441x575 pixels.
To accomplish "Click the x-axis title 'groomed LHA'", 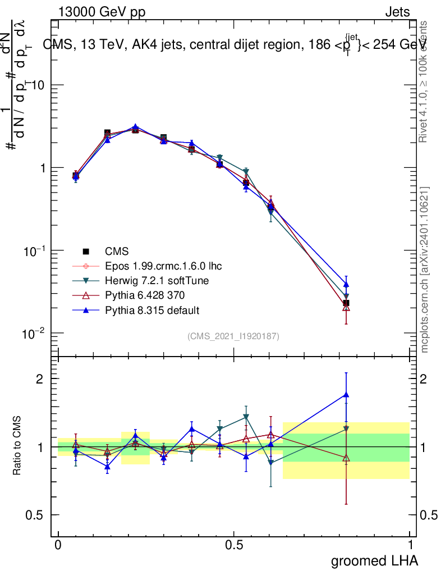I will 374,560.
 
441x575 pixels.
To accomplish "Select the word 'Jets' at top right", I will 397,12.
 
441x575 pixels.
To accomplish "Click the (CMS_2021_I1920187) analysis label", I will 233,336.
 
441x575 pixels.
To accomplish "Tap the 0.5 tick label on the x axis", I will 234,545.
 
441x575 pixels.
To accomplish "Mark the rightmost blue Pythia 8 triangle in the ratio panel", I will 346,395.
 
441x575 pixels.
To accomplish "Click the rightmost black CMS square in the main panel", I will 346,303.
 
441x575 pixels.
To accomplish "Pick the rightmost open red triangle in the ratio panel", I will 346,458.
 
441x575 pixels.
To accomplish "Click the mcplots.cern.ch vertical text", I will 425,270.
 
